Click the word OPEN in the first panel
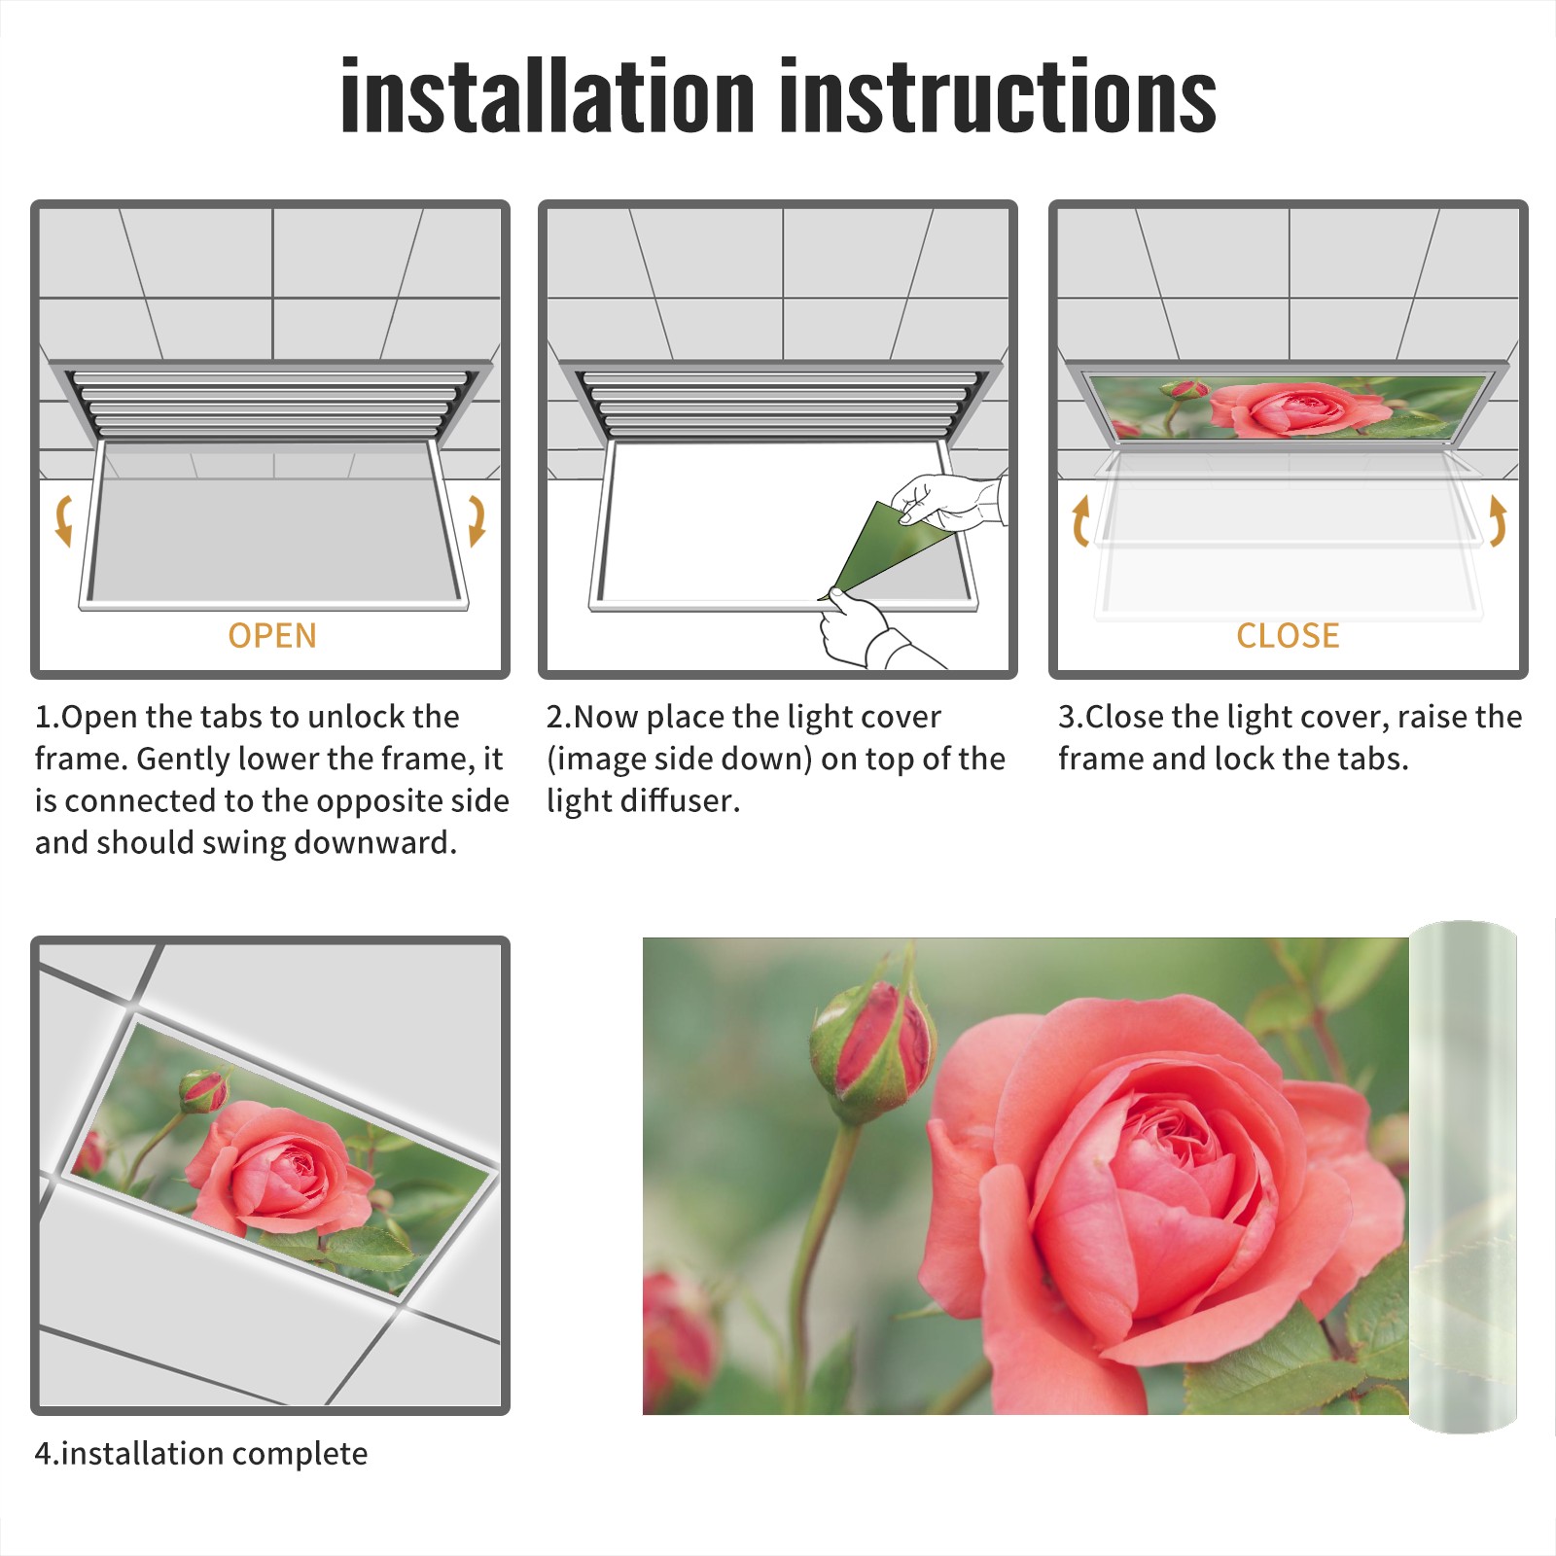click(x=272, y=636)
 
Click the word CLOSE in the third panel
click(x=1288, y=636)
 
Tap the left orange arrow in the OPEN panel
click(x=64, y=520)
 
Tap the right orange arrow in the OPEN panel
click(x=477, y=520)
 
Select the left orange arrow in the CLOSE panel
click(x=1080, y=520)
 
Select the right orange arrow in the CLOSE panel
click(x=1498, y=520)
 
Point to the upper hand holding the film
click(x=948, y=501)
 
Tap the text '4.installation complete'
click(x=201, y=1453)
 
